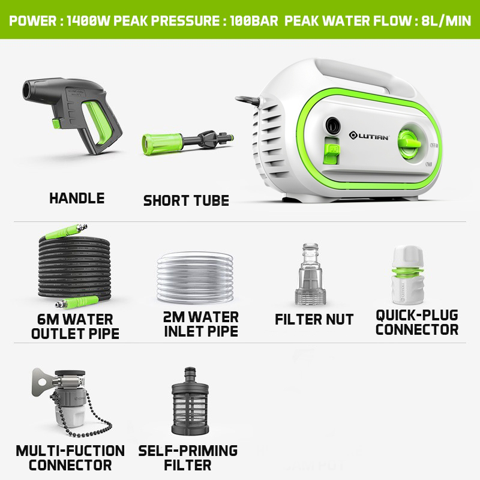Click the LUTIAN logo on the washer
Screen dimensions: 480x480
point(369,136)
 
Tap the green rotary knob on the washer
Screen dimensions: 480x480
point(409,143)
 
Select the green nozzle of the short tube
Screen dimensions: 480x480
point(162,144)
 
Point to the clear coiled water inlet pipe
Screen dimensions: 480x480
point(195,278)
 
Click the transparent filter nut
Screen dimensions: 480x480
point(310,274)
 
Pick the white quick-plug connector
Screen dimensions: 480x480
point(408,275)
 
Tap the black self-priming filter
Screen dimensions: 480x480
point(190,401)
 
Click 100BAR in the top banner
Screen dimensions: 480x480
point(254,21)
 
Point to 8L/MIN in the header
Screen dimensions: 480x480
point(446,21)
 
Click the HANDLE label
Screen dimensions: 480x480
point(77,198)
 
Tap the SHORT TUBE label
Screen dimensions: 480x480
point(186,200)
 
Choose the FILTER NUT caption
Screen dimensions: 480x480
point(314,319)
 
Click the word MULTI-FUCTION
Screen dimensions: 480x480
point(70,451)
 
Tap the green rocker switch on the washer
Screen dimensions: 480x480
point(332,151)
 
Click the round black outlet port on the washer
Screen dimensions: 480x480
point(332,125)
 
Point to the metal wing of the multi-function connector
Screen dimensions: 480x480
point(42,381)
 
